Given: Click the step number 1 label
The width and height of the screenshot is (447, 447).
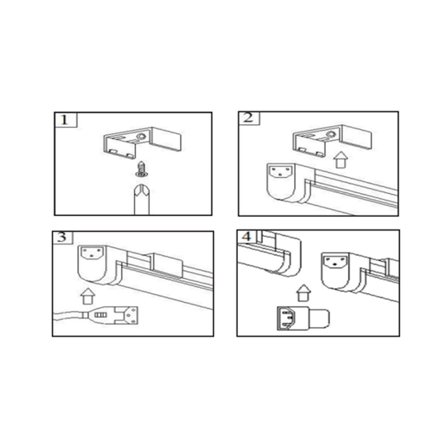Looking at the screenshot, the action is pyautogui.click(x=64, y=120).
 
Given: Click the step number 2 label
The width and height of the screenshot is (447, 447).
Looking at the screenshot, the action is pyautogui.click(x=248, y=117).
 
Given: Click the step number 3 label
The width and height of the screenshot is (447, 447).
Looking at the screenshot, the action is pyautogui.click(x=62, y=237).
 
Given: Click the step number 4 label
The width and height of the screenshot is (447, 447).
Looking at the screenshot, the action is pyautogui.click(x=247, y=236).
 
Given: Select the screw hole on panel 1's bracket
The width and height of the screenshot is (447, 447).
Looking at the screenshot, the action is pyautogui.click(x=141, y=136).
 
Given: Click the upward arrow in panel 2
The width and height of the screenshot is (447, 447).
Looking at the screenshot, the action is pyautogui.click(x=341, y=160).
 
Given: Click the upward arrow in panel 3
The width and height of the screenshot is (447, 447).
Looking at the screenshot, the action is pyautogui.click(x=88, y=296).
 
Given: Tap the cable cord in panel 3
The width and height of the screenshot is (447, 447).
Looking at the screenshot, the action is pyautogui.click(x=68, y=316).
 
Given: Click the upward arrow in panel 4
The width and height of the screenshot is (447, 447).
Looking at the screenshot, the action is pyautogui.click(x=304, y=293).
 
